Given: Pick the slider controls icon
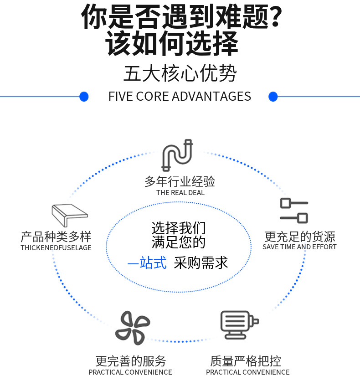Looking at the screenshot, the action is point(294,210).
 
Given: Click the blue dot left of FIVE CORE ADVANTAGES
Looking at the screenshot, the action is point(84,97).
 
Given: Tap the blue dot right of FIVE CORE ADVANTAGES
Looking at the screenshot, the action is point(273,97).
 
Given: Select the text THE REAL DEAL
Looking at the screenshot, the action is point(180,193).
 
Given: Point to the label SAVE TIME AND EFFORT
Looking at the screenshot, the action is point(299,247).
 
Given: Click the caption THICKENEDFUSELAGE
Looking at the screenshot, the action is point(56,248).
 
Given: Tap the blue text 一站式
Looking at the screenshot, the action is point(147,263).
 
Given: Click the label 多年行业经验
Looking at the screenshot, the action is point(180,181).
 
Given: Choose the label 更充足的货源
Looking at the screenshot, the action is point(300,237).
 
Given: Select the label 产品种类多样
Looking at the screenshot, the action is point(56,237).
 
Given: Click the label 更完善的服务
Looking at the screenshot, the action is point(130,361).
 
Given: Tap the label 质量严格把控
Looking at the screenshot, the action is point(246,361).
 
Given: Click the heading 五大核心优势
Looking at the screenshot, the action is point(180,73).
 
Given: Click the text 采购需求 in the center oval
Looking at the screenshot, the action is point(201,263).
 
